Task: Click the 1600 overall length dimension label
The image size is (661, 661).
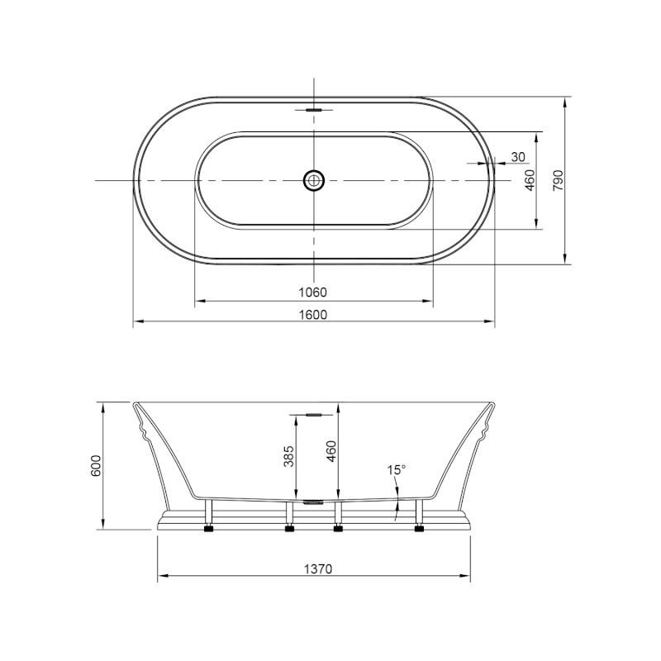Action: tap(313, 315)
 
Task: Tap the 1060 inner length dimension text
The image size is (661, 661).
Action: tap(313, 292)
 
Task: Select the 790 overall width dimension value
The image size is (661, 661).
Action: tap(558, 180)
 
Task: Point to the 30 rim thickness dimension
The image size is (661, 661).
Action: tap(518, 157)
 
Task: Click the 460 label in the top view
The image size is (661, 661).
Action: tap(530, 180)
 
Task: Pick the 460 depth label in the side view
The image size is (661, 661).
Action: tap(332, 451)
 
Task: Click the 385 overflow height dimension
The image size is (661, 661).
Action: tap(288, 456)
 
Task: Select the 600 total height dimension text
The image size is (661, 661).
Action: tap(96, 466)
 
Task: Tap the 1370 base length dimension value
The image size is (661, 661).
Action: tap(318, 569)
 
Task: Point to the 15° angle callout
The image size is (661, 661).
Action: tap(397, 469)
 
